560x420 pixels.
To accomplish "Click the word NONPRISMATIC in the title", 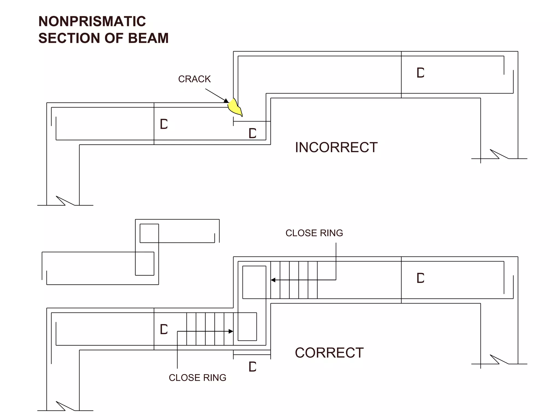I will tap(92, 21).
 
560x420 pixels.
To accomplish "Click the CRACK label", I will tap(194, 79).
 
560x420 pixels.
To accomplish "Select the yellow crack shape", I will tap(235, 107).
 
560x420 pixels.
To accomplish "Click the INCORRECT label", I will tap(336, 147).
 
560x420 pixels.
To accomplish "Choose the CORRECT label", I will tap(329, 353).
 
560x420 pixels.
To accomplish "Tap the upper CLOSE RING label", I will tap(314, 233).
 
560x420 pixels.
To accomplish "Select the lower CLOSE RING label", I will tap(197, 378).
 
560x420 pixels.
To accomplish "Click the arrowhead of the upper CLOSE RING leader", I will tap(273, 280).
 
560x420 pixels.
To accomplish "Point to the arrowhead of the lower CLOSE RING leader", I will tap(231, 331).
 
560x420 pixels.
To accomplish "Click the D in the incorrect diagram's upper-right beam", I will tap(420, 73).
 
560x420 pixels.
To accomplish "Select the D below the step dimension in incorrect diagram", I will tap(252, 133).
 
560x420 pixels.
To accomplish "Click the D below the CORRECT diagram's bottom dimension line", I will tap(252, 367).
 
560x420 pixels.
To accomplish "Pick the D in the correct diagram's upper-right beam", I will tap(420, 278).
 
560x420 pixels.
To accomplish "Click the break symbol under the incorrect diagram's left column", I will tap(65, 201).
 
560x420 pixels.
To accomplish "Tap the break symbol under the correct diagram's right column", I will tap(499, 360).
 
